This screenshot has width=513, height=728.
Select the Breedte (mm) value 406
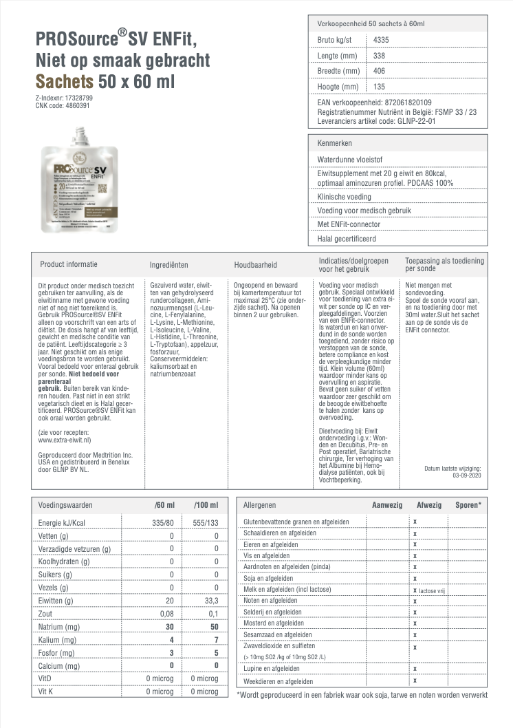click(379, 71)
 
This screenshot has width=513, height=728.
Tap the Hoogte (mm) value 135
click(379, 87)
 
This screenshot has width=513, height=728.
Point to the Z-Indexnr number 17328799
click(77, 98)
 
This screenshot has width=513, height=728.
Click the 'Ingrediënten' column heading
click(169, 264)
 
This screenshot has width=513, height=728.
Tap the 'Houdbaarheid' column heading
click(256, 264)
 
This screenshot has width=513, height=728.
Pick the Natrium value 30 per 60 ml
click(168, 627)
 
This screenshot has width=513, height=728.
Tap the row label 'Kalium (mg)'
click(57, 640)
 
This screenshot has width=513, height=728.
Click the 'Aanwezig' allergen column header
click(386, 505)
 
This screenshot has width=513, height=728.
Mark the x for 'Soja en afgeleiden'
click(415, 578)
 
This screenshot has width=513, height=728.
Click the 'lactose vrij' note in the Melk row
click(433, 590)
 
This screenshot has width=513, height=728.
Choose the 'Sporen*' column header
click(468, 505)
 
